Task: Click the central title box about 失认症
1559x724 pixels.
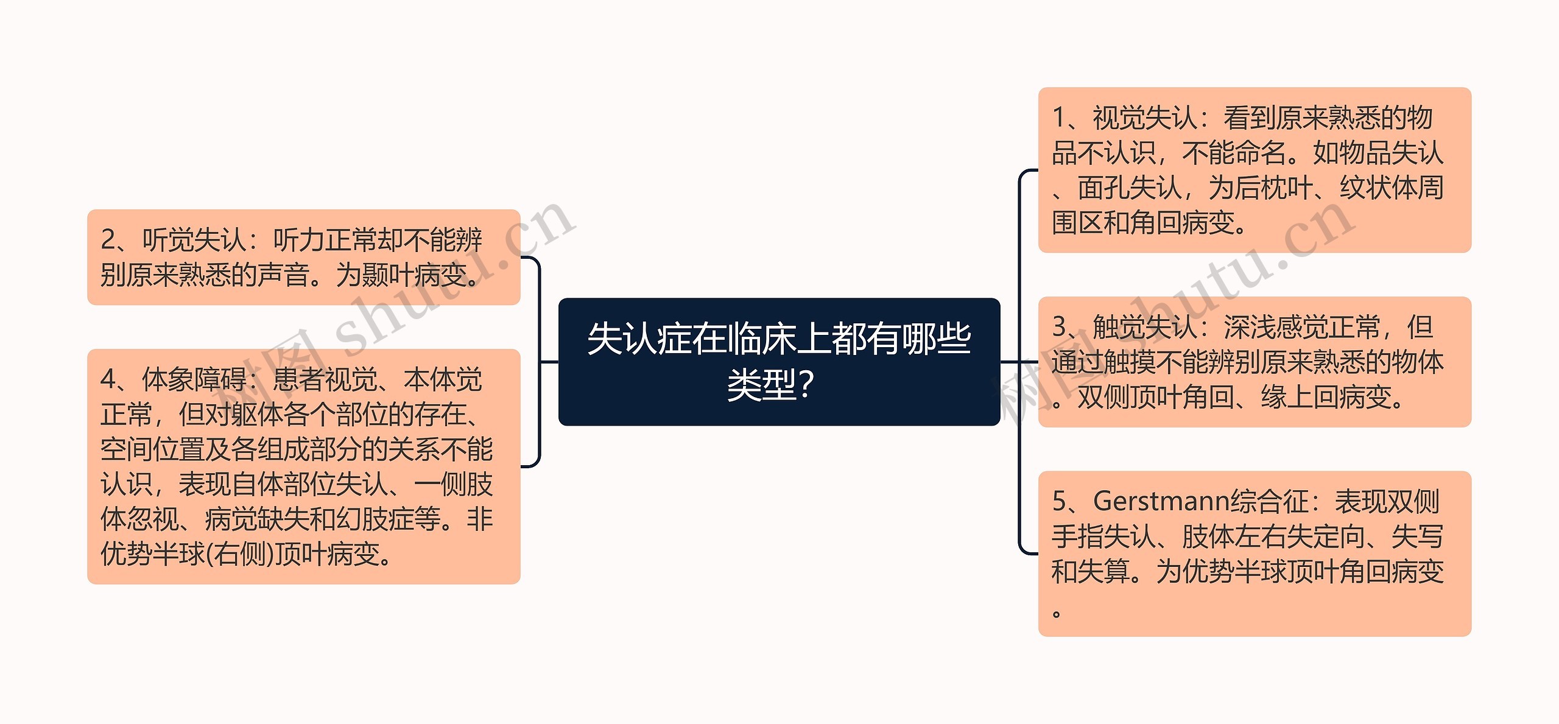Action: (x=779, y=361)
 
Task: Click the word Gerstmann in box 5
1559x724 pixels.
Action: (x=1161, y=501)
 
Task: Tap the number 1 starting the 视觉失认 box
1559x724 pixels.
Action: (x=1059, y=118)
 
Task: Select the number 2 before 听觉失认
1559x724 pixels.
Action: (x=108, y=240)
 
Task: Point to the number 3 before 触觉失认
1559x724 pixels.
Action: (x=1059, y=327)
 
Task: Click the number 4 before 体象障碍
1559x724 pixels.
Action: (x=108, y=379)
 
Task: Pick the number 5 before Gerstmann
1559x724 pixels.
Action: (x=1059, y=501)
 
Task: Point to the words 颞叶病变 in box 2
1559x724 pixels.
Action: (x=414, y=275)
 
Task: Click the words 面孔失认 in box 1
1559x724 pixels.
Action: (x=1129, y=188)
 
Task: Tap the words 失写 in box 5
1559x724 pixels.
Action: (x=1417, y=536)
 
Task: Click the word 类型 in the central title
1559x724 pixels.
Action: (x=761, y=385)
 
